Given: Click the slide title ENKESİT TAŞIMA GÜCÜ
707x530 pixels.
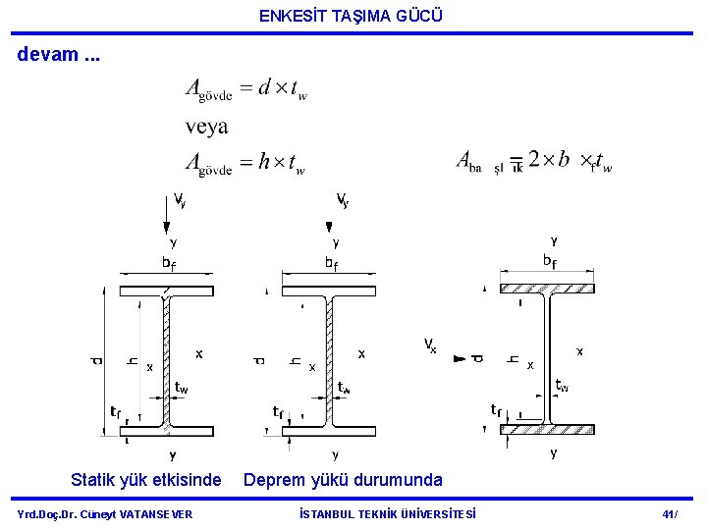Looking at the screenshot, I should point(352,16).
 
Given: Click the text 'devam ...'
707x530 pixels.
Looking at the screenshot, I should point(59,54).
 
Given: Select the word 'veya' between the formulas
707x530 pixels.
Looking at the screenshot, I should point(206,127).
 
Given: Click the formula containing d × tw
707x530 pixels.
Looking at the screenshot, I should point(246,89).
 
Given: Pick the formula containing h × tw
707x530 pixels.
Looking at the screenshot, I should point(246,164).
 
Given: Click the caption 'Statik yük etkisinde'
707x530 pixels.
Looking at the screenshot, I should point(146,480).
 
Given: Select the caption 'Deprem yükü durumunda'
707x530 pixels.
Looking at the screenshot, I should point(343,480).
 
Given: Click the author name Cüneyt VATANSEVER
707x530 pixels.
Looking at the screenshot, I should point(105,514).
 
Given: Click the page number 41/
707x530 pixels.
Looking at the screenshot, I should point(671,514).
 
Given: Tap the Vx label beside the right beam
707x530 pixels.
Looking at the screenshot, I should point(430,344).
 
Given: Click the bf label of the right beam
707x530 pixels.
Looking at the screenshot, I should point(550,261).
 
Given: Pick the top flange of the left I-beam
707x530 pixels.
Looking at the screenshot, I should point(167,291).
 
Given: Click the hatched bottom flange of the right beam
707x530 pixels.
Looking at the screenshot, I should point(547,429).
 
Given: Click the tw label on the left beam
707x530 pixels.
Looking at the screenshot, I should point(182,389).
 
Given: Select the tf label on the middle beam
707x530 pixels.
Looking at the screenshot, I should point(279,410).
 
